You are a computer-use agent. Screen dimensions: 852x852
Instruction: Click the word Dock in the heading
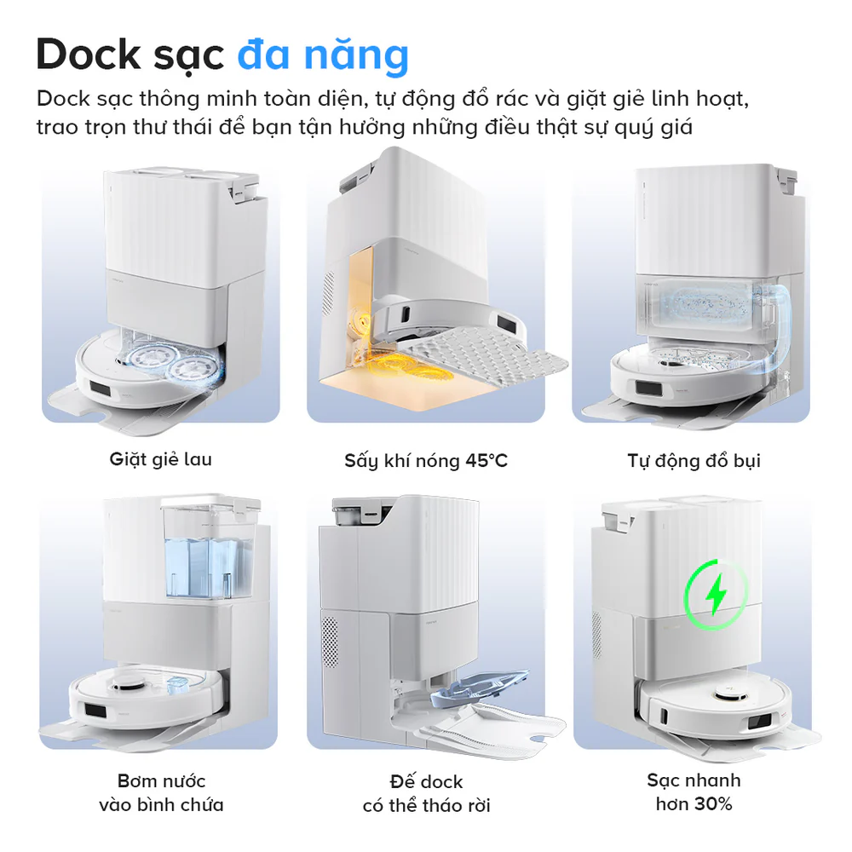pyautogui.click(x=90, y=55)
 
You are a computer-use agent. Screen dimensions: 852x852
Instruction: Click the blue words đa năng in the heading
pyautogui.click(x=323, y=55)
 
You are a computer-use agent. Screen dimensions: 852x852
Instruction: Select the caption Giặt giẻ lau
pyautogui.click(x=160, y=459)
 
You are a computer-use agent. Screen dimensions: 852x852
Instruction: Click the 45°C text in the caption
pyautogui.click(x=486, y=461)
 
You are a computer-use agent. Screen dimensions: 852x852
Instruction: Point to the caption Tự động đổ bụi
pyautogui.click(x=694, y=461)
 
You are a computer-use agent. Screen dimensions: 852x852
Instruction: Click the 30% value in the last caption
pyautogui.click(x=714, y=803)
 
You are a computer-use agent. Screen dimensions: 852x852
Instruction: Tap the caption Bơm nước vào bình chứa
pyautogui.click(x=161, y=792)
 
